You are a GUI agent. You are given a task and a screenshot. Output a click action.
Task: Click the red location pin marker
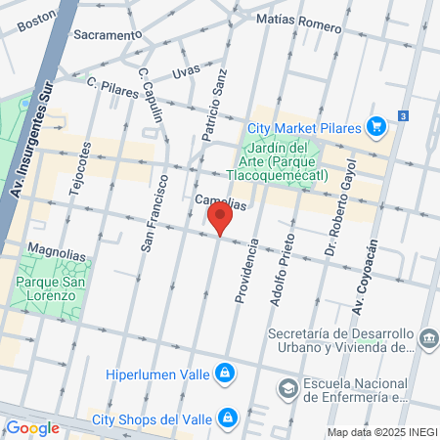tap(221, 219)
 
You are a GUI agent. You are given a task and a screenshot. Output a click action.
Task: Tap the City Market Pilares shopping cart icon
tap(375, 126)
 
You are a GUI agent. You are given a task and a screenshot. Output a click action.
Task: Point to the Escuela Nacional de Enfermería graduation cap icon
tap(288, 389)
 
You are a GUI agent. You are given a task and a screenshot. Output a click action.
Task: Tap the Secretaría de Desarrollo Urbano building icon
tap(428, 339)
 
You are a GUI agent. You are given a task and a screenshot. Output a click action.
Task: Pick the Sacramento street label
tap(108, 35)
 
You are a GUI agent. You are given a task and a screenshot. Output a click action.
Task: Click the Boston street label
tap(37, 21)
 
